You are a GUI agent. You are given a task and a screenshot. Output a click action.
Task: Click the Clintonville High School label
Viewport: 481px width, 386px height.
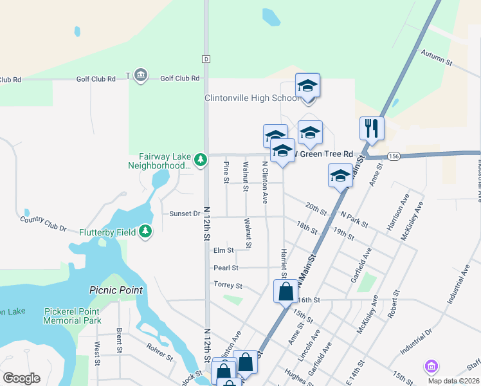tap(251, 98)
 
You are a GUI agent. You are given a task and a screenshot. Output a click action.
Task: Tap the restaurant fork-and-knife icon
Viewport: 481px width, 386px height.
tap(372, 128)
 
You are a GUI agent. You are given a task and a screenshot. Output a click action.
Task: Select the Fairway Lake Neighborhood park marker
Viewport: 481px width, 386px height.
tap(201, 159)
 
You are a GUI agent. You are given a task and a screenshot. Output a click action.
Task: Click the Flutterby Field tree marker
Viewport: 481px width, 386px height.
tap(145, 232)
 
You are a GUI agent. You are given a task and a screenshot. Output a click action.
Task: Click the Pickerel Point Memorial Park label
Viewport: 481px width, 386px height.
tap(73, 316)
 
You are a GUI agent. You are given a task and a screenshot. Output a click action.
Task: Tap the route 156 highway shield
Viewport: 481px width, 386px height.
tap(394, 156)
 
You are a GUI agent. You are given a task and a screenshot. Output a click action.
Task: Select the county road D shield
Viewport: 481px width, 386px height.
tap(206, 59)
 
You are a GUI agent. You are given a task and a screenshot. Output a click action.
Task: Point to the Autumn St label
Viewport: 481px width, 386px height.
tap(437, 58)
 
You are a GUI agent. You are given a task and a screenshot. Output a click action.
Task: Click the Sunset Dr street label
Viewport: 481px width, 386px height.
tap(185, 214)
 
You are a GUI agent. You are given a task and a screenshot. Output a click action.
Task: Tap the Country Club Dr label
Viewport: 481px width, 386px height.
tap(43, 223)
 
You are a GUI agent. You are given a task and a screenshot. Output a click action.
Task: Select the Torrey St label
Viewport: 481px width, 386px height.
tap(228, 285)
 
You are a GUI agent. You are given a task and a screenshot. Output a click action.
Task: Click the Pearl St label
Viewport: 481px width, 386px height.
tap(226, 268)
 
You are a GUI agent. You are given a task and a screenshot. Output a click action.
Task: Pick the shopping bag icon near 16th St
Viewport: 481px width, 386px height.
tap(286, 291)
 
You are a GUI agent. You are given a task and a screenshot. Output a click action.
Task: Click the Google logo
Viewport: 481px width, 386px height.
tap(21, 378)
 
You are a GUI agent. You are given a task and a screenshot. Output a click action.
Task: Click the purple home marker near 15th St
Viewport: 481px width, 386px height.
tap(431, 367)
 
